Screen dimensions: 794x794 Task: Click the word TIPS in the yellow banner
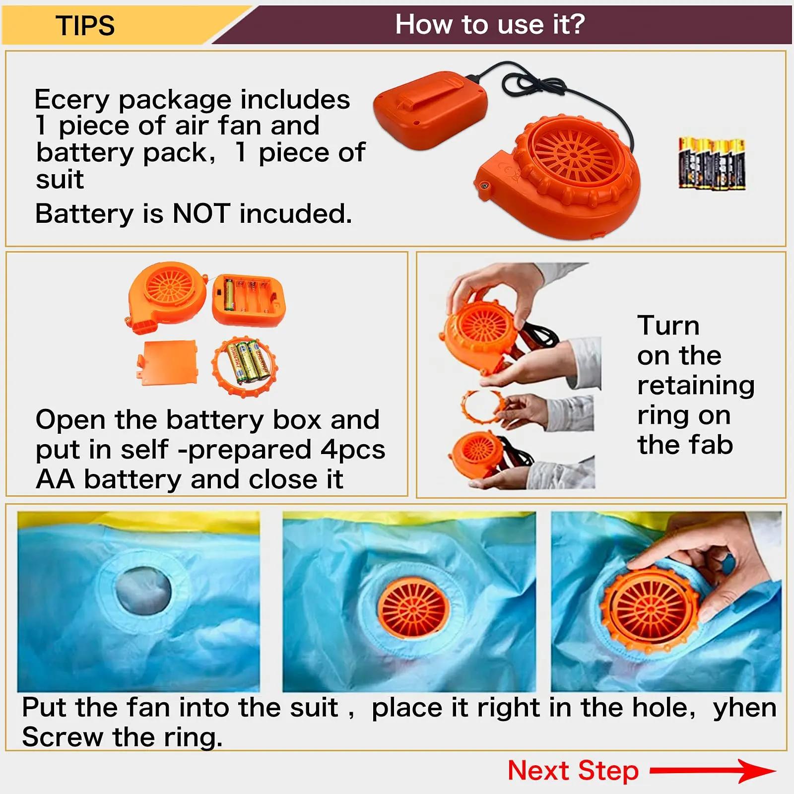[x=85, y=26]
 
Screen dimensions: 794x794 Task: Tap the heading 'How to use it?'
[x=490, y=24]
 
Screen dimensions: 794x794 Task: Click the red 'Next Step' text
[x=573, y=771]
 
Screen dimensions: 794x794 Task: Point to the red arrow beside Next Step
[x=713, y=771]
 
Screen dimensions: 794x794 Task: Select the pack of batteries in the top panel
[x=712, y=164]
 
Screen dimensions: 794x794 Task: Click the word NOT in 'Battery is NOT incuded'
[x=201, y=214]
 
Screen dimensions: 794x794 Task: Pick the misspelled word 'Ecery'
[x=71, y=100]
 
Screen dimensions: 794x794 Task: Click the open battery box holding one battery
[x=248, y=300]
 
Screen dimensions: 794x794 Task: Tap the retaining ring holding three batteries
[x=245, y=366]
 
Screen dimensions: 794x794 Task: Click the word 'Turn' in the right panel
[x=668, y=326]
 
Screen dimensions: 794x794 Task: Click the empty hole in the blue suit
[x=142, y=591]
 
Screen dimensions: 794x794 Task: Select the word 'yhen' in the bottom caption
[x=744, y=708]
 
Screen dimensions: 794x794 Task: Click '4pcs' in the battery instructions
[x=352, y=450]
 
